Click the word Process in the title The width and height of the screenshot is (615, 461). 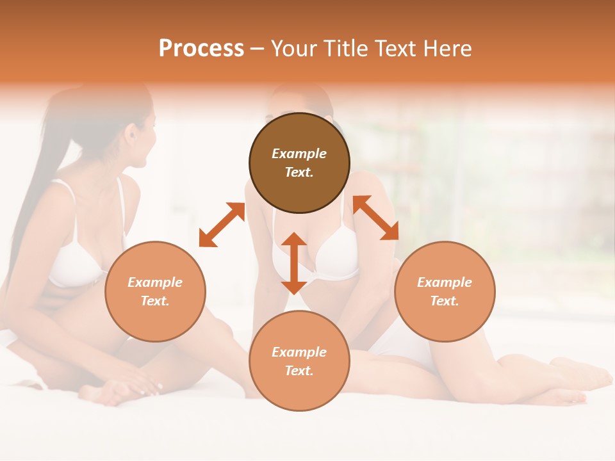[201, 49]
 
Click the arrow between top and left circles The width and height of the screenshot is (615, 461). [222, 225]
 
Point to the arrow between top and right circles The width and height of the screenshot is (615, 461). [375, 218]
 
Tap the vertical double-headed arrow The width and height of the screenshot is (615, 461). [294, 263]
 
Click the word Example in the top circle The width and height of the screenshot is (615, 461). [299, 154]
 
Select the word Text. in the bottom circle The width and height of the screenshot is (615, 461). [299, 371]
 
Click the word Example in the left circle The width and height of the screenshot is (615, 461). [155, 282]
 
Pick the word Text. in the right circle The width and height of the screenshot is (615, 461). [445, 301]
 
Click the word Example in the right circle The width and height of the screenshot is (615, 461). [445, 282]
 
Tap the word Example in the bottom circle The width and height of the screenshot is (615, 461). [299, 352]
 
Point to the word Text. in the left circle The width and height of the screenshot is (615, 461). [155, 301]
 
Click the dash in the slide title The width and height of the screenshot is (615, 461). [258, 49]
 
